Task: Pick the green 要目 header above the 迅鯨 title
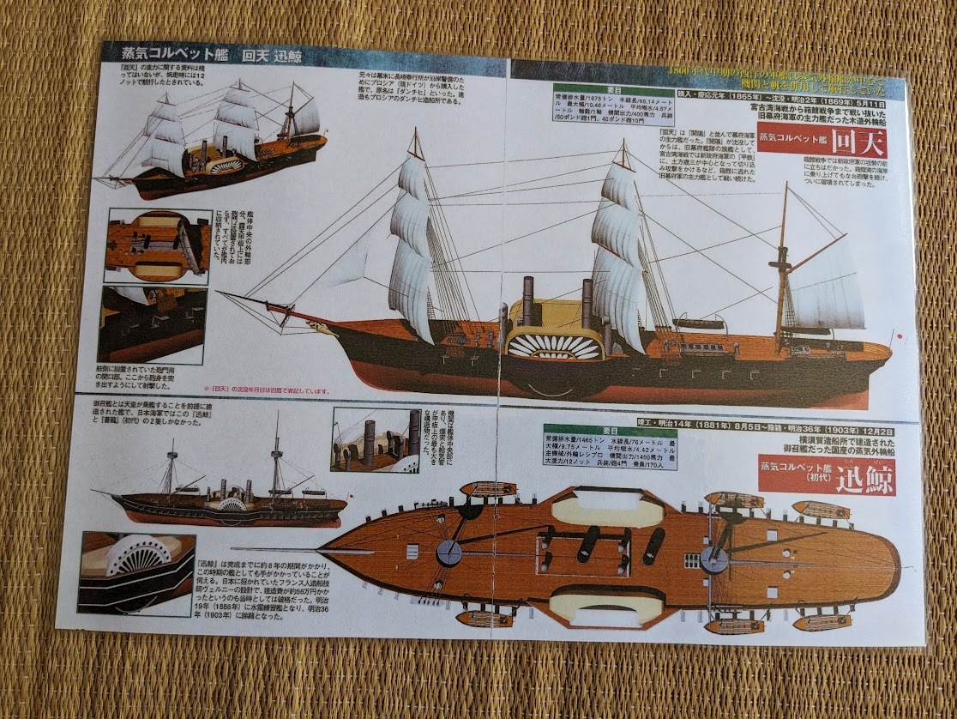coord(610,430)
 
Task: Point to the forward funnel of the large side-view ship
coord(527,301)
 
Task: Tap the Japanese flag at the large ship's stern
coord(898,336)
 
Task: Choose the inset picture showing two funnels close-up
coord(375,438)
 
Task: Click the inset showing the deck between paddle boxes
coord(158,245)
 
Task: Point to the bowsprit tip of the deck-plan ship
coord(236,550)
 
